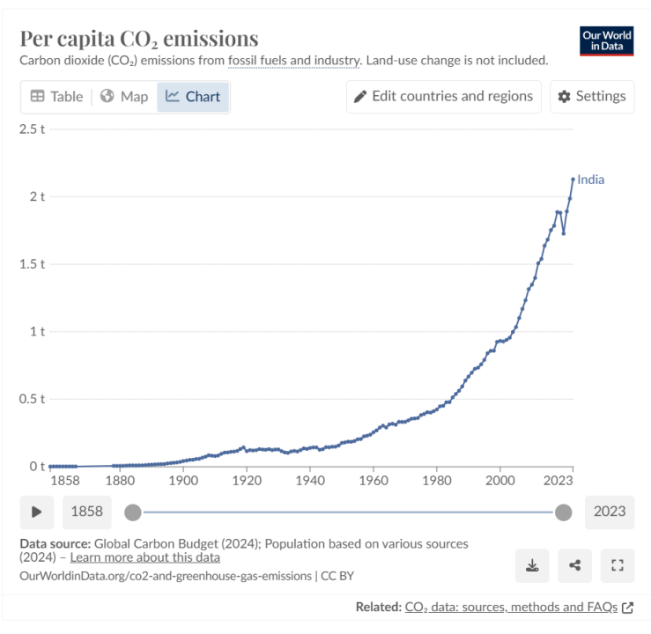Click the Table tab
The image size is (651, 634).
56,96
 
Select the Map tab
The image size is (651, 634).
124,96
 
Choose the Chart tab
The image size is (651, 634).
193,96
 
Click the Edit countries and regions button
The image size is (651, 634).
443,96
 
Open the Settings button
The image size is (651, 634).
592,96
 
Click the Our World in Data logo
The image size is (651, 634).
607,41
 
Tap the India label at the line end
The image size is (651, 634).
591,180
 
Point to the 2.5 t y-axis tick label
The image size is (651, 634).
32,129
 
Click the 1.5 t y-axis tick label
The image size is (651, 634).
32,264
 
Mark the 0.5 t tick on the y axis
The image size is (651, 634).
32,399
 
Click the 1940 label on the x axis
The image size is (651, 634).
310,481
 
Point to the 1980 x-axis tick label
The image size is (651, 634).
437,481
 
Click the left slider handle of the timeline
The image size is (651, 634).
132,512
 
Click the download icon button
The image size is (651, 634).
532,564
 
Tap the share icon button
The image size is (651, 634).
575,564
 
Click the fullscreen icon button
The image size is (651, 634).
617,564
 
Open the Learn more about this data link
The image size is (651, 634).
145,557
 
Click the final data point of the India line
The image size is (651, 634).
573,179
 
